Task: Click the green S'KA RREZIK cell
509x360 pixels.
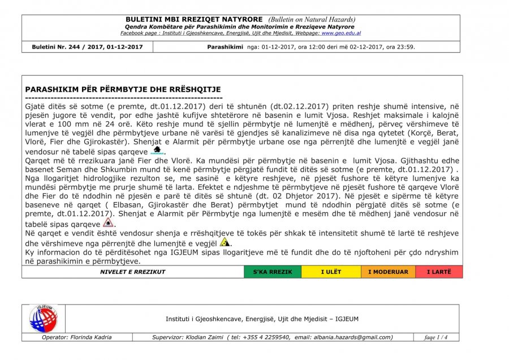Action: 273,272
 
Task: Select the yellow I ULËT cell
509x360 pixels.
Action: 331,272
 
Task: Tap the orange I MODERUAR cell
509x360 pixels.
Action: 388,272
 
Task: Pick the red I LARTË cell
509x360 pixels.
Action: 439,272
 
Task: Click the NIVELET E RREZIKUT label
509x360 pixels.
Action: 133,272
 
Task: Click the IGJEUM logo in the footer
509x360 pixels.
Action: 43,319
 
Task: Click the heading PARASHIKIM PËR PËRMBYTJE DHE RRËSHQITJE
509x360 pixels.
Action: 123,89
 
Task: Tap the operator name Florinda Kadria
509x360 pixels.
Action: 90,337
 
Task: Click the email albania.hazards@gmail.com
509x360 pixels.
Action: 344,337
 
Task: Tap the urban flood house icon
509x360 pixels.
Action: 158,150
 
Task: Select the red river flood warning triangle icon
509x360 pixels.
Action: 108,222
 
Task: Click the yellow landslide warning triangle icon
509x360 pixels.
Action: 225,242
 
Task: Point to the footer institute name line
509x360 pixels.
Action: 262,319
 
